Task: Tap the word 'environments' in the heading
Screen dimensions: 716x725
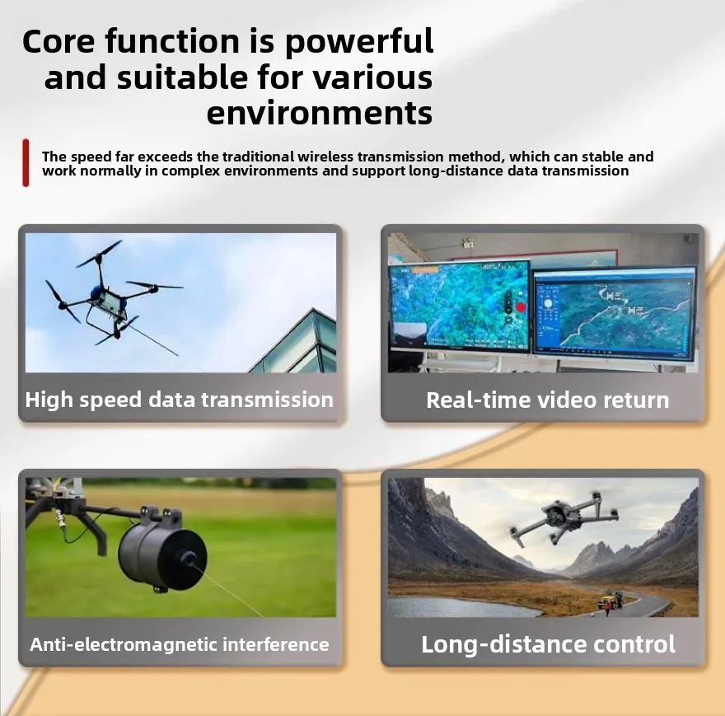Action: pyautogui.click(x=320, y=113)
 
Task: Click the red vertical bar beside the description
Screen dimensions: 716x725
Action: pyautogui.click(x=26, y=163)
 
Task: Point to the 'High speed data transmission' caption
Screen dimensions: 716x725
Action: pyautogui.click(x=180, y=400)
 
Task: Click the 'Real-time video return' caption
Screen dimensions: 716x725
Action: pyautogui.click(x=547, y=400)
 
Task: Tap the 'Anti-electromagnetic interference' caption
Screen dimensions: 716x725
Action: pyautogui.click(x=180, y=644)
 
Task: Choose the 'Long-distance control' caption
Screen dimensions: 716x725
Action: pyautogui.click(x=548, y=643)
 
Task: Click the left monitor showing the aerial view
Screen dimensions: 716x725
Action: pyautogui.click(x=459, y=305)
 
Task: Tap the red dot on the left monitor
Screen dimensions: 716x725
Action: pyautogui.click(x=520, y=308)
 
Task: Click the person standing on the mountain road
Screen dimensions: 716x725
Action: pyautogui.click(x=606, y=607)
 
